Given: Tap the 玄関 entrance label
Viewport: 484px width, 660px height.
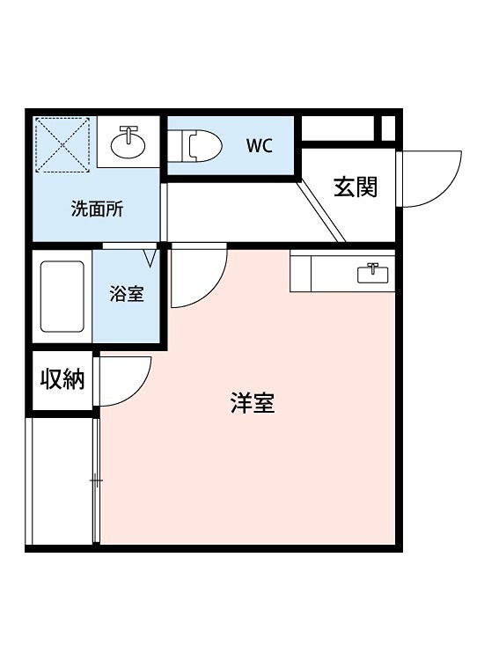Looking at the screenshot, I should tap(356, 187).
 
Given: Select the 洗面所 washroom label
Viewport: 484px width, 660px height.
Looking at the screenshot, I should tap(97, 209).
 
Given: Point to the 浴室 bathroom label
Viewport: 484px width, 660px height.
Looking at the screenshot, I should tap(127, 295).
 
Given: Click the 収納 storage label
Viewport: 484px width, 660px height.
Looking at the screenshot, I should tap(62, 379).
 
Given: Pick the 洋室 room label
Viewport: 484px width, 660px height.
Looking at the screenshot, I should tap(253, 404).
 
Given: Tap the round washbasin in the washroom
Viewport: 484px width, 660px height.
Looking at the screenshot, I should tap(129, 140).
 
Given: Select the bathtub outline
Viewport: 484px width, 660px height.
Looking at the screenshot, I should tap(62, 296).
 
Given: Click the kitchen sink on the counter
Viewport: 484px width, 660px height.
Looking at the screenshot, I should tap(376, 273).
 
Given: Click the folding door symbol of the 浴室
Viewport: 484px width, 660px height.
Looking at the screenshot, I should tap(149, 257).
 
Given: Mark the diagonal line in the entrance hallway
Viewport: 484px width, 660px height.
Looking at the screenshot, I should tap(321, 209).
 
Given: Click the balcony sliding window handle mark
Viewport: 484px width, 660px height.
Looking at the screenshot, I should tap(96, 480).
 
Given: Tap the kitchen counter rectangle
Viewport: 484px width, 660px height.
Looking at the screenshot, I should tap(342, 273).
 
